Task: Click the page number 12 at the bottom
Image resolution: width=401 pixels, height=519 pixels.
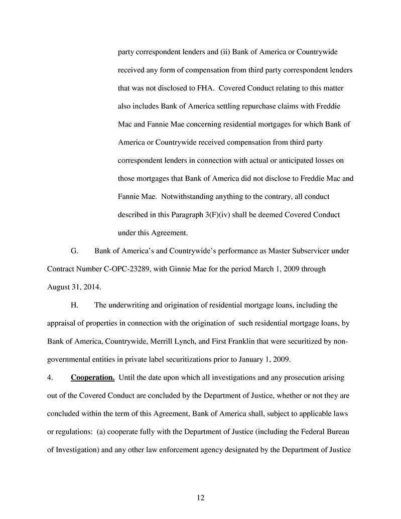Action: [201, 497]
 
